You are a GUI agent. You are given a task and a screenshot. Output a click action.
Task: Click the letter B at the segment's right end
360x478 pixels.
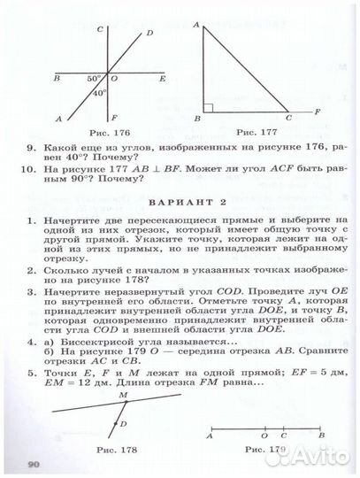[322, 435]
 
